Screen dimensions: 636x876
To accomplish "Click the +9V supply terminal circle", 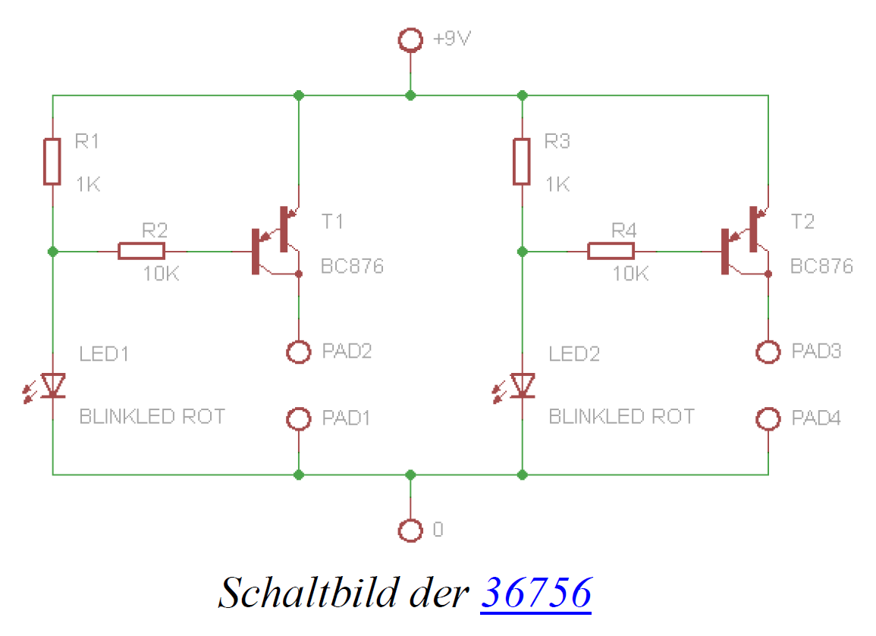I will click(410, 40).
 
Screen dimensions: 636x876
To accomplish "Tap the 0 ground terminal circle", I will click(410, 531).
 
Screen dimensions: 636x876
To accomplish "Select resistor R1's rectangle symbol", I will click(52, 161).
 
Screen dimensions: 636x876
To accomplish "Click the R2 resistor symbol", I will click(141, 251).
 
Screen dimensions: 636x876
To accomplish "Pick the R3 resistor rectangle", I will click(522, 161).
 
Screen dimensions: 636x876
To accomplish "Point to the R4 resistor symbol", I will click(611, 251).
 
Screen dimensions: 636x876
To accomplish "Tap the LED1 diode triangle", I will click(52, 386).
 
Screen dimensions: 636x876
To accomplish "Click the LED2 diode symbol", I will click(522, 386).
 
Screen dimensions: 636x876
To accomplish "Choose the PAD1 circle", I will click(299, 418).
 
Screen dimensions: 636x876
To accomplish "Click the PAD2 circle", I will click(299, 352).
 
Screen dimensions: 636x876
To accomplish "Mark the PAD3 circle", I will click(768, 352).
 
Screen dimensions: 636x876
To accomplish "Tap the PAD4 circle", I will click(768, 418).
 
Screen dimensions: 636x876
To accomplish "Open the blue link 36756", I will click(535, 592).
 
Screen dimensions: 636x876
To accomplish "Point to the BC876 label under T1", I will click(352, 267).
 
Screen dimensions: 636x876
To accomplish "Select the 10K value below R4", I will click(630, 274).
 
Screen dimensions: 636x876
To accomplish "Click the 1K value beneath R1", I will click(88, 184).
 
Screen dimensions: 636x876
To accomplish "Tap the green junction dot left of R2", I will click(52, 251).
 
